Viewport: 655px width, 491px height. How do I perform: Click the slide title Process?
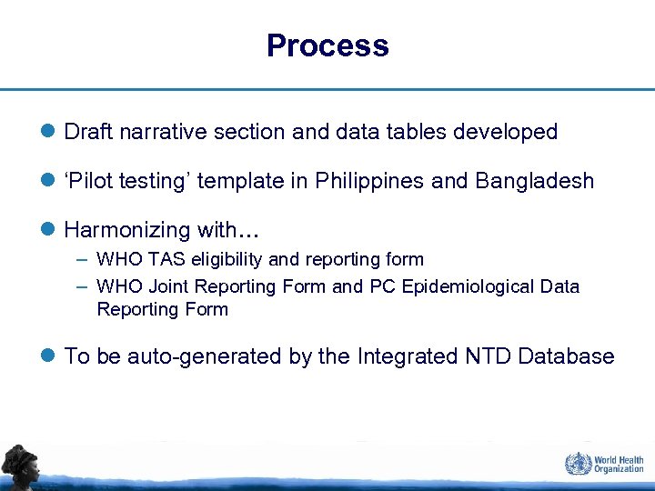coord(327,45)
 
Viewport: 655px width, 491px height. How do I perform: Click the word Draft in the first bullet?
coord(88,132)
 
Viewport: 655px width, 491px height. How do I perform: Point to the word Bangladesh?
coord(534,181)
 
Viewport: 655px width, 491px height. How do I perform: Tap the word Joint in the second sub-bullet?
coord(164,286)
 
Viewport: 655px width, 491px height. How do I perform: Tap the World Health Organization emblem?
coord(577,464)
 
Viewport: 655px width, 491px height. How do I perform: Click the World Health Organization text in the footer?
coord(619,464)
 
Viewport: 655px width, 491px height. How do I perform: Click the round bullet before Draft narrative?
coord(48,133)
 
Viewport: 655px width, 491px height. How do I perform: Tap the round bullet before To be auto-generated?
coord(48,357)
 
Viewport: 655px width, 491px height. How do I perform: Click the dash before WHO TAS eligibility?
coord(82,260)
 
